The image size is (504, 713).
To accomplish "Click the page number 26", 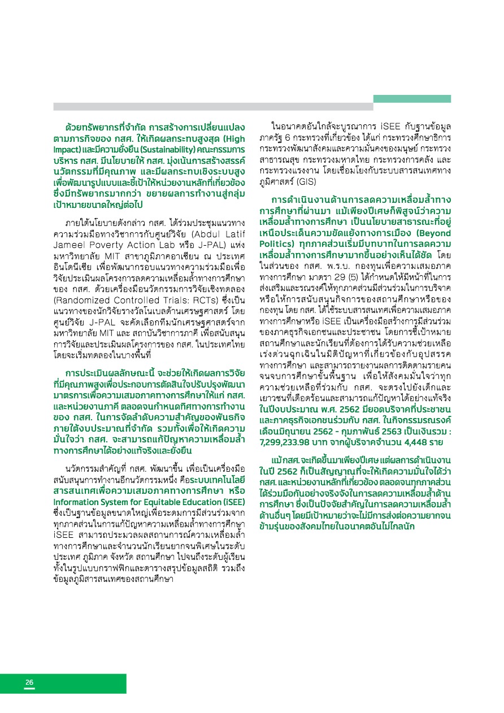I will pyautogui.click(x=29, y=682).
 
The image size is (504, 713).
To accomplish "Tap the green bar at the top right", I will pyautogui.click(x=412, y=99).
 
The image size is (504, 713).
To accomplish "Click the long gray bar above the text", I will pyautogui.click(x=213, y=106).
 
